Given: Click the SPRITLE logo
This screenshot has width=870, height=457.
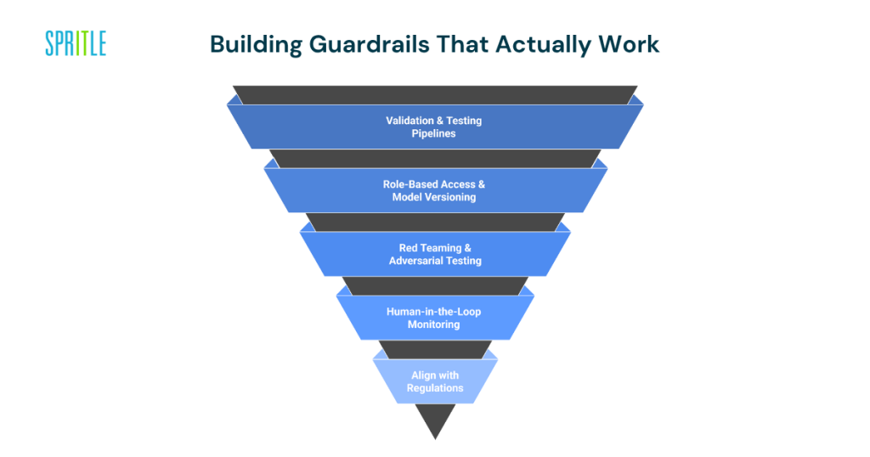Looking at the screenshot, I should point(76,43).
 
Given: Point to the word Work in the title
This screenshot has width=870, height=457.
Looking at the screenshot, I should point(630,44).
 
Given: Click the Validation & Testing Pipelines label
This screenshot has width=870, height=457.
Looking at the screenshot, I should point(434,127).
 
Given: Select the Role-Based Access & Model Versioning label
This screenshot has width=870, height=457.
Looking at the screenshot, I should point(434,190).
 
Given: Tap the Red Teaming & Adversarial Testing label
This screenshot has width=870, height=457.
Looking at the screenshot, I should point(434,254).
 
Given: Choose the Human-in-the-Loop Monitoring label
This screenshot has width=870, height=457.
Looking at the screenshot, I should point(434,318).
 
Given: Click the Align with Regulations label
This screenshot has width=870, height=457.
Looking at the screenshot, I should point(435,381).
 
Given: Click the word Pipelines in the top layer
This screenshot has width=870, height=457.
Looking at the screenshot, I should point(434,133).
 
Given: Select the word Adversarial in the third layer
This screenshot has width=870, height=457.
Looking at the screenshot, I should point(416,261).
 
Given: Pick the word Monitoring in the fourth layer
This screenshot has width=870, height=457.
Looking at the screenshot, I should point(434,324).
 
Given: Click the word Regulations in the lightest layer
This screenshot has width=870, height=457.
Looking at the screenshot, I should point(435,388).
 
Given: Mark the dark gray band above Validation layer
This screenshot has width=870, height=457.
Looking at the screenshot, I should point(435,94).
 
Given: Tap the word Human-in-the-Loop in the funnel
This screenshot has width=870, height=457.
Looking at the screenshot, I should point(434,312).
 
